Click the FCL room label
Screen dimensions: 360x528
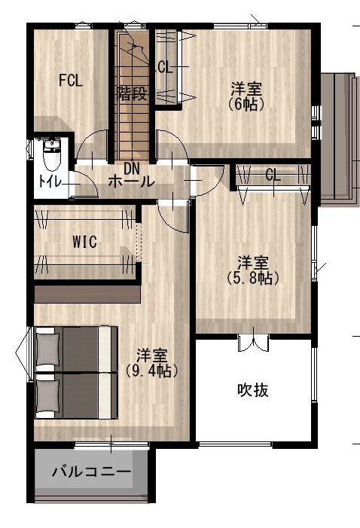tap(71, 81)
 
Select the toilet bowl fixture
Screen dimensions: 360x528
tap(51, 155)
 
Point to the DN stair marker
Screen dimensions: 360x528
tap(132, 168)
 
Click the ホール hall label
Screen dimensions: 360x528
tap(131, 182)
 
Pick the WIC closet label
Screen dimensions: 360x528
tap(84, 242)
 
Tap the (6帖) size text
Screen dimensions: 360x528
tap(246, 105)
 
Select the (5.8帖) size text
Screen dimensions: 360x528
tap(253, 279)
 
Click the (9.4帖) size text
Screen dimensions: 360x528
tap(151, 371)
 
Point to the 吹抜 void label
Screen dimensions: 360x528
tap(253, 390)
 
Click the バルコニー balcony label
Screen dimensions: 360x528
tap(91, 472)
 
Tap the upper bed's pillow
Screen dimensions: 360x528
tap(47, 349)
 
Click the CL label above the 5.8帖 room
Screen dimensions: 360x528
tap(273, 175)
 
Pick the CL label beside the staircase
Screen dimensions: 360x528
tap(165, 68)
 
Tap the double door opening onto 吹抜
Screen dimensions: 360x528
tap(253, 343)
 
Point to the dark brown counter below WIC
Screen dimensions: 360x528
tap(87, 295)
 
